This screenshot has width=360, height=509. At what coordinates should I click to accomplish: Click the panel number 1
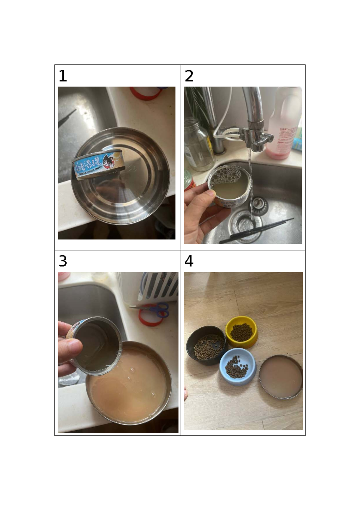[63, 76]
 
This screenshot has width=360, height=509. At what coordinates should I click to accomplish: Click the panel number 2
[189, 76]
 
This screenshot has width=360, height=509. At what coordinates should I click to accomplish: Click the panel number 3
[63, 261]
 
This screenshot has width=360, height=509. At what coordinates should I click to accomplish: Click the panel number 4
[189, 261]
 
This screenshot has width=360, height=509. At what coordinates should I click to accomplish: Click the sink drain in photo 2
[244, 224]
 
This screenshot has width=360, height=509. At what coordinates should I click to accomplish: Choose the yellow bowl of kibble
[241, 332]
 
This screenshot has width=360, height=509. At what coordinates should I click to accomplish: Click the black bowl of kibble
[206, 347]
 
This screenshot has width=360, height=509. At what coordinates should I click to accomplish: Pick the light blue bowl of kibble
[238, 366]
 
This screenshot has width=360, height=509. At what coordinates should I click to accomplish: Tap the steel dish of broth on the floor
[280, 377]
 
